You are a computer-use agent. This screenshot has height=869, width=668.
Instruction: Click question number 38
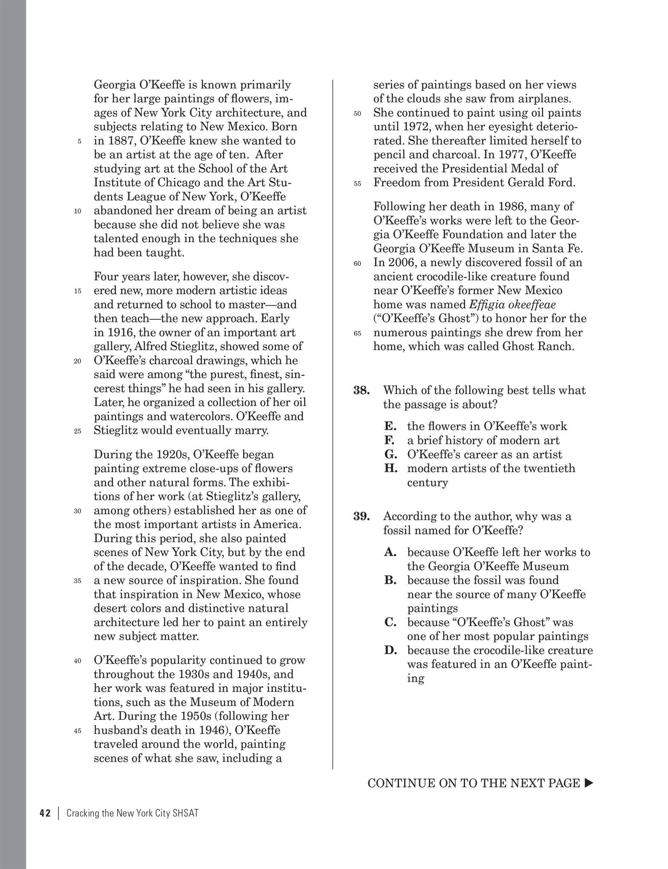[x=361, y=390]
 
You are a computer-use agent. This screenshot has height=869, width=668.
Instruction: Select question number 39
[x=361, y=516]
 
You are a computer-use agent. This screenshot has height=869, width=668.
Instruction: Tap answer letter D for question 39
[x=390, y=651]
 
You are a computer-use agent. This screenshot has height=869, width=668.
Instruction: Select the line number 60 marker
[x=357, y=264]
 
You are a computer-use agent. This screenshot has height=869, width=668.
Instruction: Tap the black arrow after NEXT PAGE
[x=589, y=783]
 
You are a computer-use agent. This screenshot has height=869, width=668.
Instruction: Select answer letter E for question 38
[x=390, y=426]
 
